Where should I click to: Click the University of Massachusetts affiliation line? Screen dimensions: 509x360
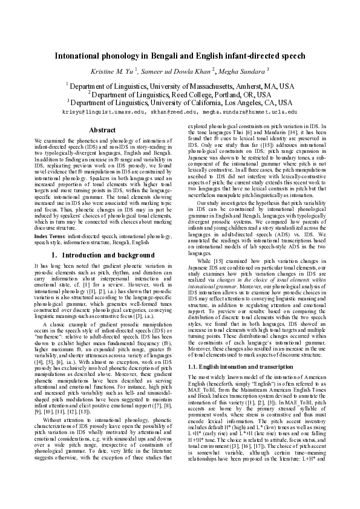coord(180,86)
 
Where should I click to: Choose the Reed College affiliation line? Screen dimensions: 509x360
coord(180,94)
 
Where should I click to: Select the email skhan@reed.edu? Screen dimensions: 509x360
coord(175,111)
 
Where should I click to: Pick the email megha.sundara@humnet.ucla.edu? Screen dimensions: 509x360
coord(250,111)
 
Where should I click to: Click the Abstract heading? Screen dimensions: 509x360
coord(102,130)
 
